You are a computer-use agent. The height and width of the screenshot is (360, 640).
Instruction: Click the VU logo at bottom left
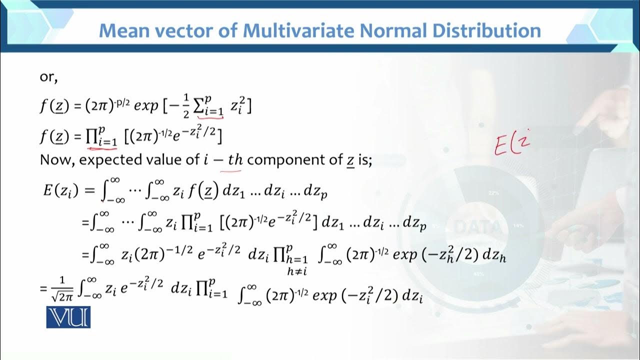point(68,317)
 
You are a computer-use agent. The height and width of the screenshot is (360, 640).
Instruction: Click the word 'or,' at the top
point(49,77)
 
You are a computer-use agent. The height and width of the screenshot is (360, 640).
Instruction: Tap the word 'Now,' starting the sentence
point(57,160)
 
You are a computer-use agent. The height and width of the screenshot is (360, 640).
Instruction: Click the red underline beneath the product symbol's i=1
point(102,147)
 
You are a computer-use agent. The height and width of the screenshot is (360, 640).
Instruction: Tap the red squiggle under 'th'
point(234,170)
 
